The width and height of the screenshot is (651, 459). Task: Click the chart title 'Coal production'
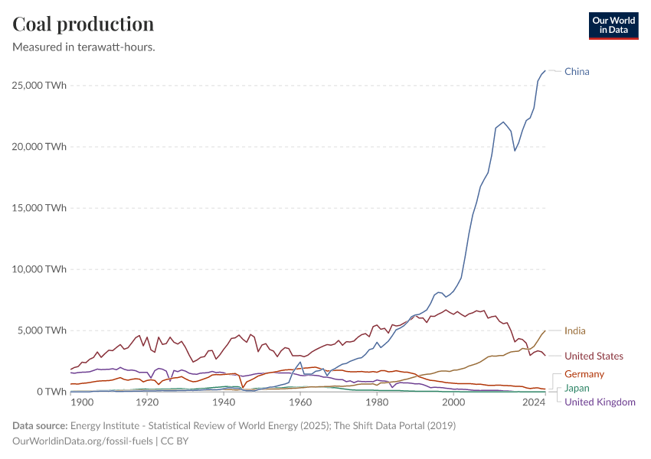click(83, 24)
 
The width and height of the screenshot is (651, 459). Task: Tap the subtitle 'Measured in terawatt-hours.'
click(84, 47)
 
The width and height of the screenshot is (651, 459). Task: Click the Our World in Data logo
click(613, 25)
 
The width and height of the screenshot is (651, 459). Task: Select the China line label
click(577, 72)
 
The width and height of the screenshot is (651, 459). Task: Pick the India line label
click(575, 331)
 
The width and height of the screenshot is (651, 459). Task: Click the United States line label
click(594, 356)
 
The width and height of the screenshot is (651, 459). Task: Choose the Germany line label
click(584, 375)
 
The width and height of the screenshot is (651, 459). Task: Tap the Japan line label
click(577, 389)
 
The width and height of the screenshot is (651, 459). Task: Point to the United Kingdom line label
click(600, 402)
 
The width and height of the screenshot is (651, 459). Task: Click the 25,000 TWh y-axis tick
click(39, 86)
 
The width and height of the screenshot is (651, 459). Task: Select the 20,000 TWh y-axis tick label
click(39, 147)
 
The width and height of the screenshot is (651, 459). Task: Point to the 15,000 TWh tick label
click(39, 208)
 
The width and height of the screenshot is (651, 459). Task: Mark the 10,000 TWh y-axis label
click(39, 269)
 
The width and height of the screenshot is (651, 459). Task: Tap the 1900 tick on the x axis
click(82, 402)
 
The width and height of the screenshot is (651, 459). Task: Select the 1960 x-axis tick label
click(300, 402)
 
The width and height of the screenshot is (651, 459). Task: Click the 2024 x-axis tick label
click(530, 402)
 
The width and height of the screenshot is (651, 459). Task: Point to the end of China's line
click(545, 70)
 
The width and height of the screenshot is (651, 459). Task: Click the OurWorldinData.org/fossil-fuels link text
click(83, 441)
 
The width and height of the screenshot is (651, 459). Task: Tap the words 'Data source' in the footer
click(39, 425)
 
